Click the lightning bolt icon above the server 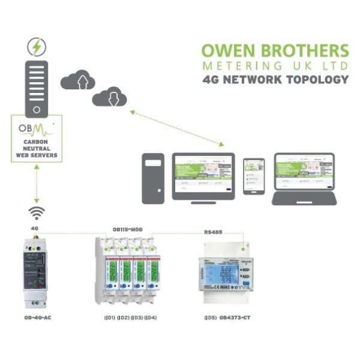click(x=37, y=46)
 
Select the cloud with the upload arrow click(x=79, y=79)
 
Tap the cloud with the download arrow click(x=109, y=95)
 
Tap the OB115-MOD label click(x=127, y=229)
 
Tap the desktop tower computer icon click(x=153, y=178)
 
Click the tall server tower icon click(x=37, y=88)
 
